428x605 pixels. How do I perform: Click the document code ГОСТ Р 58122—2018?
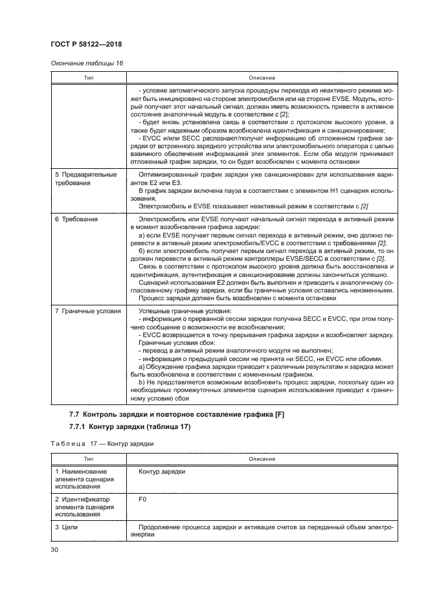[x=85, y=44]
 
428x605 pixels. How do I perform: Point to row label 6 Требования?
[x=76, y=219]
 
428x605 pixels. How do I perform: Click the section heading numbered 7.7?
[x=177, y=413]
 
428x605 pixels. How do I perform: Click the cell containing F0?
[x=143, y=500]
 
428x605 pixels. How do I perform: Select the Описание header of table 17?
[x=262, y=459]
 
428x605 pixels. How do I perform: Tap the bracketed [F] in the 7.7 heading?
[x=280, y=413]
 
